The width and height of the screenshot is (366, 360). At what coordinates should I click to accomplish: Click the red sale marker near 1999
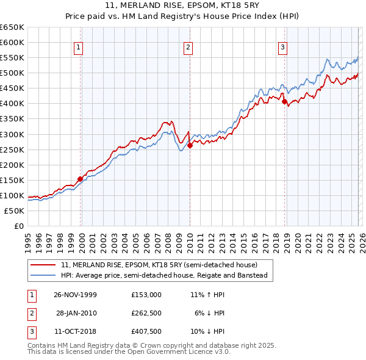80,179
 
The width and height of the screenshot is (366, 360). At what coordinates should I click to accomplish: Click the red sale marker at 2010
190,145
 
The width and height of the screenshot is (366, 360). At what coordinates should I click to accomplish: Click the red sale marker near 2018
284,101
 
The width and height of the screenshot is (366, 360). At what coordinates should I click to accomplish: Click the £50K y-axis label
15,211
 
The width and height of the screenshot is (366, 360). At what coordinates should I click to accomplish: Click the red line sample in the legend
44,265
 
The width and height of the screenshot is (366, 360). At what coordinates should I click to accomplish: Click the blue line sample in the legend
44,275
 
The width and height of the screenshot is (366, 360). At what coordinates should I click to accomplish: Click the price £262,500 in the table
146,312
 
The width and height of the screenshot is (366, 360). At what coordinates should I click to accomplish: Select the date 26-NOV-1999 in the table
75,294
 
